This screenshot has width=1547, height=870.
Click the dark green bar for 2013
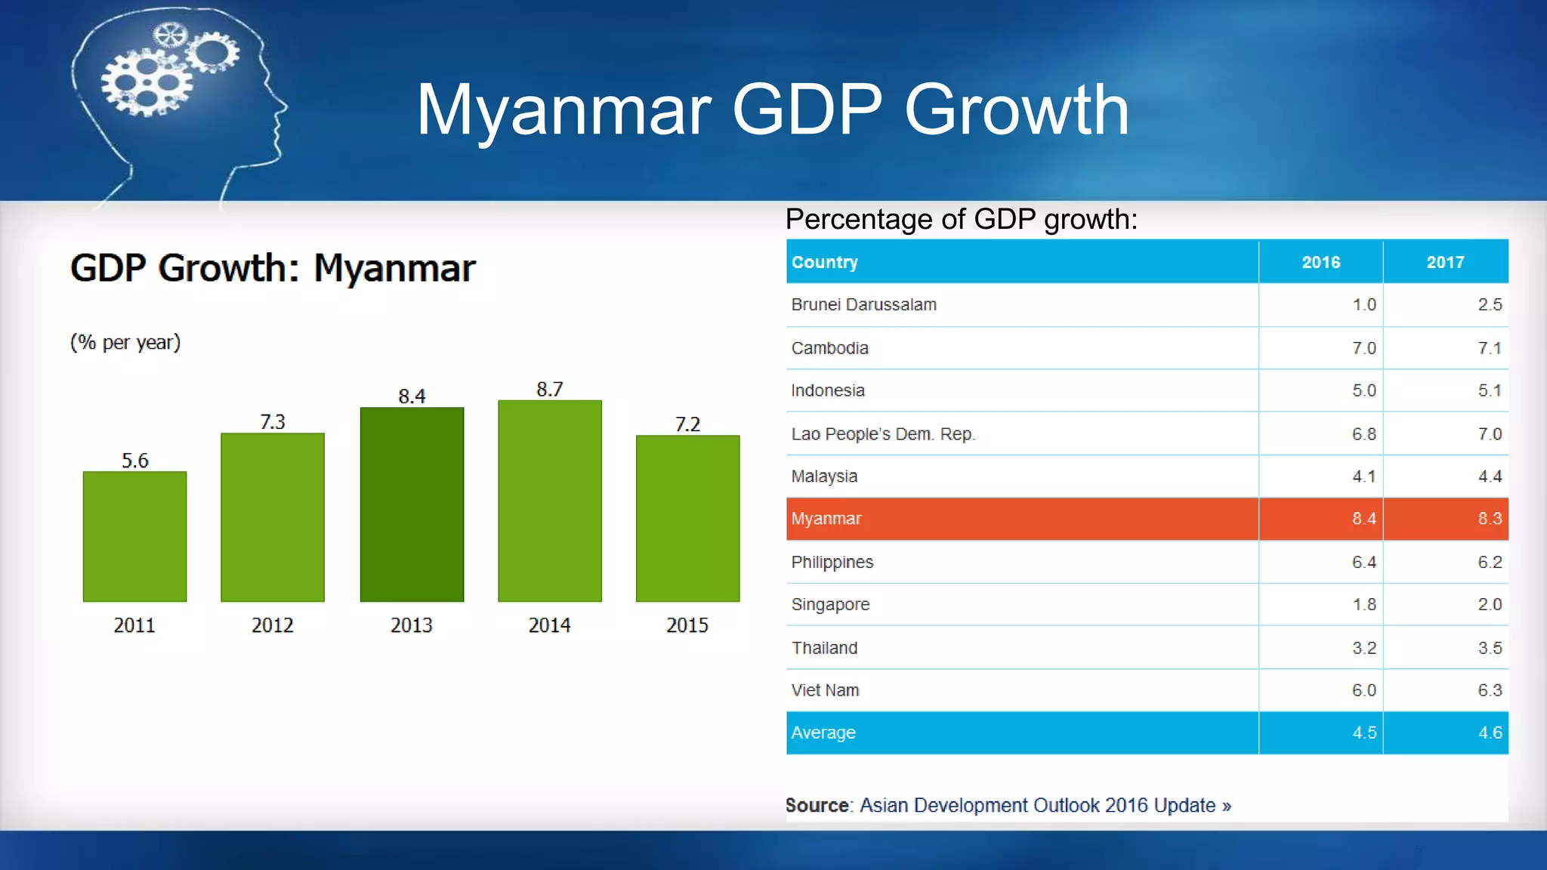tap(412, 504)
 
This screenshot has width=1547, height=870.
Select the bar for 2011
tap(134, 536)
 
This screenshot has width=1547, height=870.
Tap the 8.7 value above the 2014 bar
tap(550, 389)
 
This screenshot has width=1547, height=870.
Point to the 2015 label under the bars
tap(687, 625)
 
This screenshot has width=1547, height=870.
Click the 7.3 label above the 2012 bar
tap(273, 421)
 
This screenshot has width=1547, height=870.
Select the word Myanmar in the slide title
tap(563, 110)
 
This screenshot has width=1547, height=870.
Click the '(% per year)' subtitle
tap(125, 342)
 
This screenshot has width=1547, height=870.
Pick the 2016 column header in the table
tap(1320, 262)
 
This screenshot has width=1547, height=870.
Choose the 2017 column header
tap(1445, 262)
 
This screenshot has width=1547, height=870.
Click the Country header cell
tap(824, 262)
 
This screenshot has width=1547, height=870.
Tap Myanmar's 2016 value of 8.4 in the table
tap(1363, 519)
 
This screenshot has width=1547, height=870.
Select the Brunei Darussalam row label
tap(863, 304)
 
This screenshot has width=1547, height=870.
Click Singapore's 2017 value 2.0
tap(1490, 604)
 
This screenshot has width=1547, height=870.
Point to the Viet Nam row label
tap(825, 690)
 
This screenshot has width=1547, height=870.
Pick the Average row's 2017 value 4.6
tap(1490, 733)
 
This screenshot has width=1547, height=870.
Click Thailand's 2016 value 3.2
tap(1363, 648)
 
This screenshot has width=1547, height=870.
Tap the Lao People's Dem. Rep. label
tap(883, 434)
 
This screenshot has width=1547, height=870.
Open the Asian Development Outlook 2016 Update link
tap(1045, 805)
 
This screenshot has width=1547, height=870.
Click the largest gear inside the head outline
tap(146, 82)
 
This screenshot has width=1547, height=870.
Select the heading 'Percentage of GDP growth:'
tap(961, 219)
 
